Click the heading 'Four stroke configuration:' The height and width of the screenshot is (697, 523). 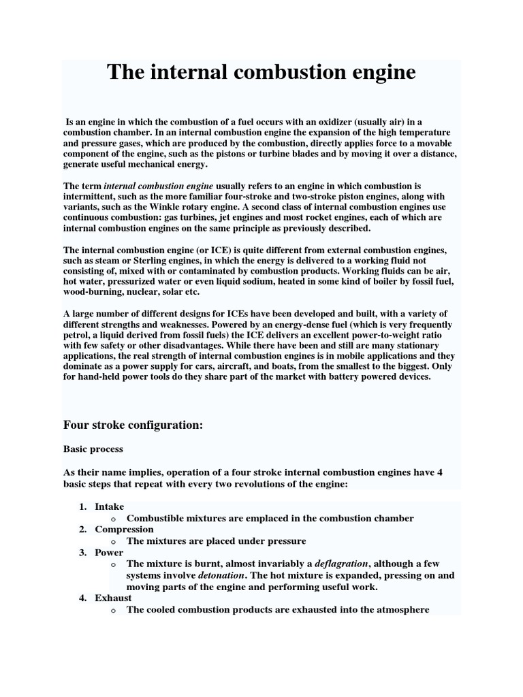click(133, 425)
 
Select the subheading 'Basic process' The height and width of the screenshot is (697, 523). click(93, 450)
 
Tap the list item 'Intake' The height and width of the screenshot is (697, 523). click(109, 507)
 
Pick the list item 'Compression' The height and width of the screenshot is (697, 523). click(124, 530)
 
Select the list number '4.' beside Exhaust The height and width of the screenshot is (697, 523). click(82, 598)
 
